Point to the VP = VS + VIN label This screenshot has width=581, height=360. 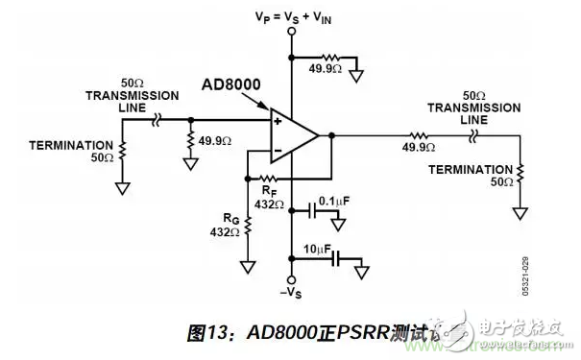(288, 16)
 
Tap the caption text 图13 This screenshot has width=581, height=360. (206, 334)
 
